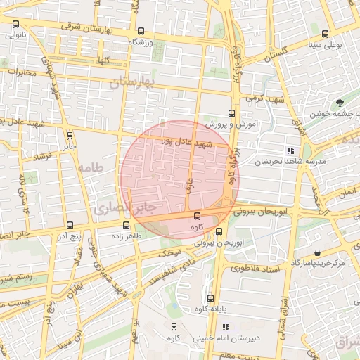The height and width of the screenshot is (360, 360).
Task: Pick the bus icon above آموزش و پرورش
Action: point(231,112)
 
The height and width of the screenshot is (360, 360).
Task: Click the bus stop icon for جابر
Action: point(69,136)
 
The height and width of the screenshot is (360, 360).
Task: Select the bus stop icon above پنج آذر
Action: point(68,226)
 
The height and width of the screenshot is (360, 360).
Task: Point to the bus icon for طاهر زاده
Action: point(126,226)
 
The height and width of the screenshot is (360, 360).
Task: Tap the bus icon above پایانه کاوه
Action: point(212,298)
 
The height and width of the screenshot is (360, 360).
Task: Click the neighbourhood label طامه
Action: point(91,167)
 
